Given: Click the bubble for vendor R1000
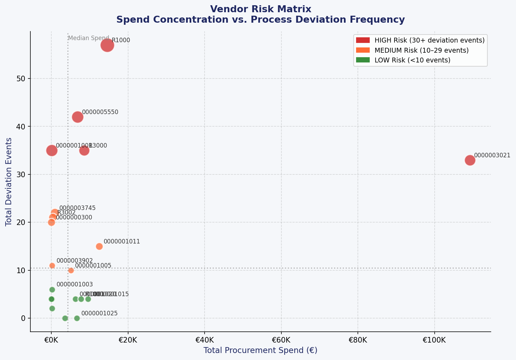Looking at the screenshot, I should pos(107,45).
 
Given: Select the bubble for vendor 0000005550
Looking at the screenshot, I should pos(78,117).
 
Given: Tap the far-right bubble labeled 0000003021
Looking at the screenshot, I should pos(470,160).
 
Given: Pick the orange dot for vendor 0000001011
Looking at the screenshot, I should pos(99,246).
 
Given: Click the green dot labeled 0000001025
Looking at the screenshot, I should pos(77,318).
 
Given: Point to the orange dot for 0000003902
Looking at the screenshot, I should pos(52,265).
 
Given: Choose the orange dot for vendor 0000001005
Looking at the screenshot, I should pos(71,270).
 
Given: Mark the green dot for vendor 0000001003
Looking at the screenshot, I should pos(52,290).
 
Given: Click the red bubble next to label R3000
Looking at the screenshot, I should pos(84,150).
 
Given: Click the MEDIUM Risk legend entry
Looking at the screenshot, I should pos(412,50).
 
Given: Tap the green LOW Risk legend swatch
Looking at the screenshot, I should pos(363,60).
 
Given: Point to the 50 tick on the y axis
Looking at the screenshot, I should pos(22,78).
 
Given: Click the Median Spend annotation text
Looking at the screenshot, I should pos(89,38).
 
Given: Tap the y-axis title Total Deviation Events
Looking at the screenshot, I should pos(9,182).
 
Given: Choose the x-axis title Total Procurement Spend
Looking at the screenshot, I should pos(260,350).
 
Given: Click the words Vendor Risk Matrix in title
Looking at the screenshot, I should pos(260,9).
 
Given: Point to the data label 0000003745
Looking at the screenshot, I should pos(77,208).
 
